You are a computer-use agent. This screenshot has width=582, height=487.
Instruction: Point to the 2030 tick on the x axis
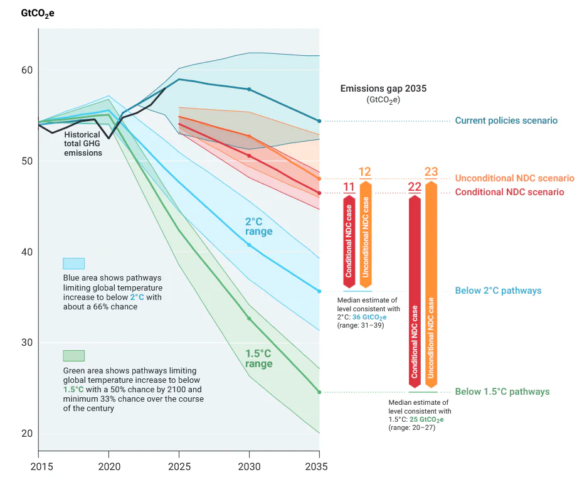point(249,466)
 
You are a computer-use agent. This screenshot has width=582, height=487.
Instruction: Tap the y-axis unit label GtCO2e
point(38,13)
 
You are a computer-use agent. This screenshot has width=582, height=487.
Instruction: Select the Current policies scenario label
point(506,120)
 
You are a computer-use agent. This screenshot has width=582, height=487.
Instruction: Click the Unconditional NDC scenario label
point(514,178)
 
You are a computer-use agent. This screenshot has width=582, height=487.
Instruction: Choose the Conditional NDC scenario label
point(509,192)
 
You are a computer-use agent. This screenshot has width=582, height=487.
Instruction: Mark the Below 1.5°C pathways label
point(502,392)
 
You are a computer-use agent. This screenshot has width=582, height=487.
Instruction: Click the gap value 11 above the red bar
point(349,186)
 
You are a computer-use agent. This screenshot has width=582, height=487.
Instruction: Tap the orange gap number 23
point(431,172)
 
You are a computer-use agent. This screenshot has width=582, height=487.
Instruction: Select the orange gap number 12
point(365,172)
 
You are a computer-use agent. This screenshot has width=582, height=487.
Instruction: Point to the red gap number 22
point(415,186)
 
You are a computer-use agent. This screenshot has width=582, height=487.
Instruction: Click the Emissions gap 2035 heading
point(383,88)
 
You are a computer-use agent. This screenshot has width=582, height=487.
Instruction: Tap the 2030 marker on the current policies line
point(249,89)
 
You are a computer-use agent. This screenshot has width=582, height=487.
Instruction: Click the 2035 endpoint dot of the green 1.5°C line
point(319,392)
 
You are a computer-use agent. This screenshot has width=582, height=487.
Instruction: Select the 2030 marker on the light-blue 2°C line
point(249,244)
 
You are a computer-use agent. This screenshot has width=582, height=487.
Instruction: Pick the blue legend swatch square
point(73,264)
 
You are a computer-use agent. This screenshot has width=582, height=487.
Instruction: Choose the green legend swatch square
point(73,356)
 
